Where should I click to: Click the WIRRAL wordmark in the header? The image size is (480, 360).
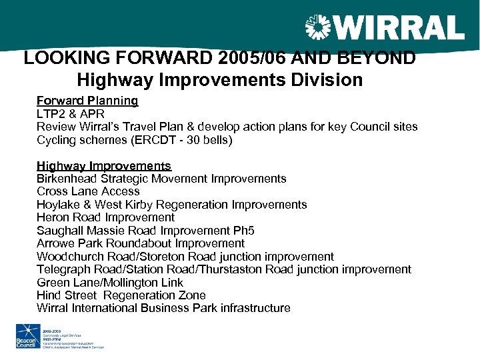click(x=398, y=29)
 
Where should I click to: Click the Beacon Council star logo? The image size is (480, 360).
click(x=27, y=335)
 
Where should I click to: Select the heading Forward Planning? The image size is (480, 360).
click(x=87, y=101)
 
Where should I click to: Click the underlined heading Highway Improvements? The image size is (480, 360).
click(x=104, y=166)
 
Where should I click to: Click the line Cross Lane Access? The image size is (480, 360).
click(x=88, y=192)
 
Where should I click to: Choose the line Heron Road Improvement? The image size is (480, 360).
click(x=105, y=218)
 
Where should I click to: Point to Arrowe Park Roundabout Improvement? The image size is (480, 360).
click(x=141, y=244)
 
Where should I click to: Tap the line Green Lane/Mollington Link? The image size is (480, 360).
click(x=110, y=283)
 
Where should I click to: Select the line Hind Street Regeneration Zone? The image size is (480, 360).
click(x=121, y=295)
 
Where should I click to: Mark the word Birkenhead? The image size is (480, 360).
click(x=67, y=179)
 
